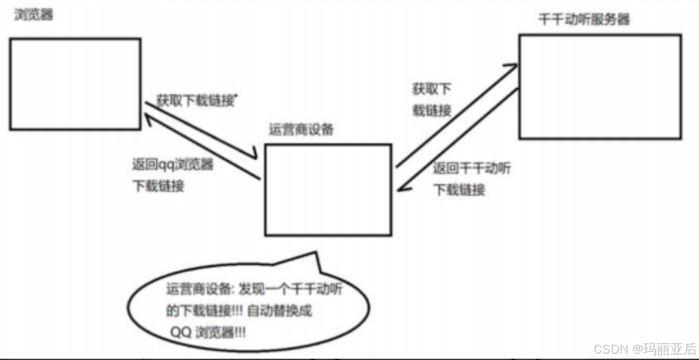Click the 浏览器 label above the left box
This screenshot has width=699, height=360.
point(33,14)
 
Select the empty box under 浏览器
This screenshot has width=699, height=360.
point(75,83)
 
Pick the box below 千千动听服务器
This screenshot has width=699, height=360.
point(600,86)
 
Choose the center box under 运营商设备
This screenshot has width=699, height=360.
point(327,189)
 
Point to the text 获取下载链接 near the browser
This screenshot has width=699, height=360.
point(196,101)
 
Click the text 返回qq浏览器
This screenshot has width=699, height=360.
point(171,164)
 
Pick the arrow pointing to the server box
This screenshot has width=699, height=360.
point(456,116)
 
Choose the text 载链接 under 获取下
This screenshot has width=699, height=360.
point(431,110)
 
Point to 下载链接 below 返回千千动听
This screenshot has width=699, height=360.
point(459,190)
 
